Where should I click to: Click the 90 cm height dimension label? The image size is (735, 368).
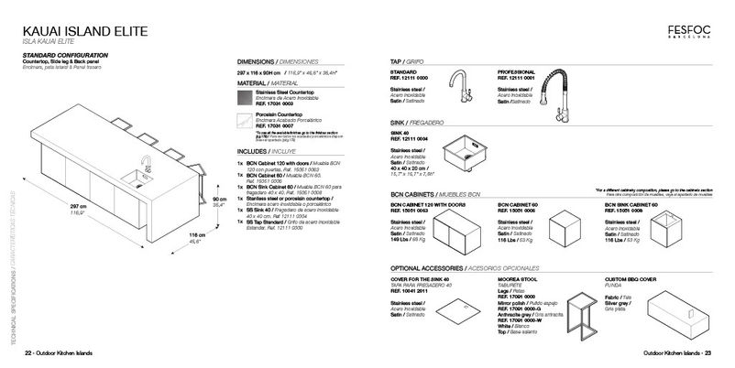219,199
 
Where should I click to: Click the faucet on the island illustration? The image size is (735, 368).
145,165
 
